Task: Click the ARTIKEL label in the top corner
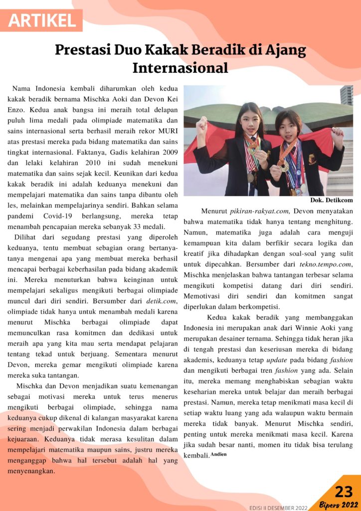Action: (42, 20)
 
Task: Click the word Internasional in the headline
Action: (180, 67)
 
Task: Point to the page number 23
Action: (344, 492)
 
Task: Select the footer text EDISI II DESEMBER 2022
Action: (279, 508)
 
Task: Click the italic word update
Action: (276, 360)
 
